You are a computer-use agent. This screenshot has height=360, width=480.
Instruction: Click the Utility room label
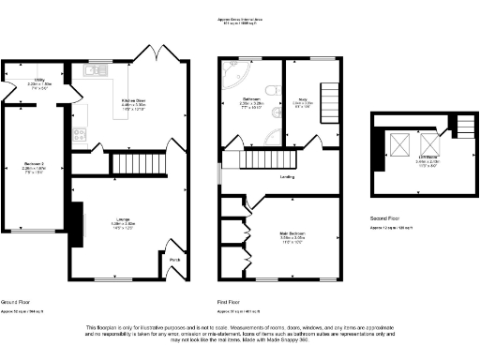click(39, 83)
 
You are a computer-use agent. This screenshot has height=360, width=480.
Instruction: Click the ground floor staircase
click(135, 164)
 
